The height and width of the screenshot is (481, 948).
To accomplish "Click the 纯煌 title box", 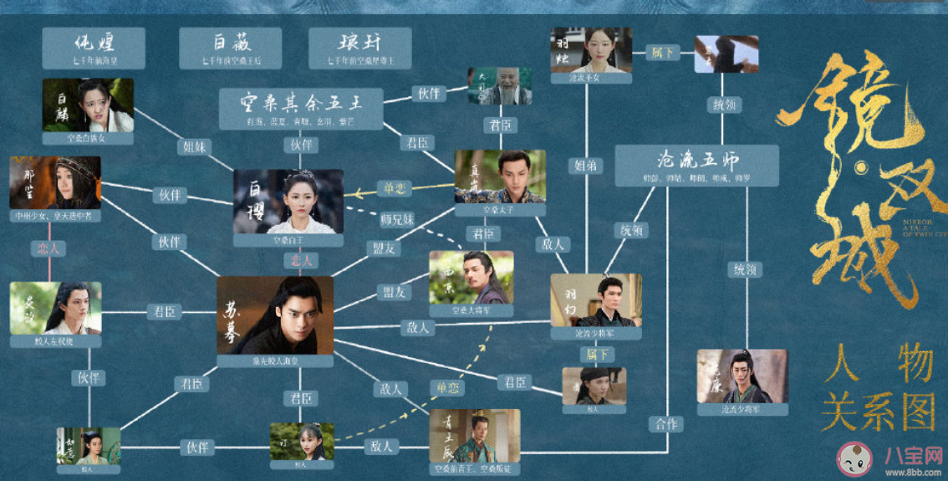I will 94,48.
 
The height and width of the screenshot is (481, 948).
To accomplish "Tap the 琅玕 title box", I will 359,48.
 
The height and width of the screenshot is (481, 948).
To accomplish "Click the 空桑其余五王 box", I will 301,109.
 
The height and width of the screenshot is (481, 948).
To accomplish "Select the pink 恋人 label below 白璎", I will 301,260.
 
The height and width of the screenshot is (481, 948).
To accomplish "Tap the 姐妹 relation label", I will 197,146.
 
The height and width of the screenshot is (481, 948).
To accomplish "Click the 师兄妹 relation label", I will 397,219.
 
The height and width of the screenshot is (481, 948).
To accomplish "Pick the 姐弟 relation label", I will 585,166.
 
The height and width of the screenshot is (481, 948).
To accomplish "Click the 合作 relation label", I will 666,423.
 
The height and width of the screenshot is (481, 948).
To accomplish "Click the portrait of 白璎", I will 288,201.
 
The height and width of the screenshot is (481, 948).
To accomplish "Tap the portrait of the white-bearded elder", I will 500,86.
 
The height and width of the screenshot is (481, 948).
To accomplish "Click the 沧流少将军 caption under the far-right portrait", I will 742,410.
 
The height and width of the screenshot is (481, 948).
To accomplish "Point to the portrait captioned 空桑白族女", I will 89,105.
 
